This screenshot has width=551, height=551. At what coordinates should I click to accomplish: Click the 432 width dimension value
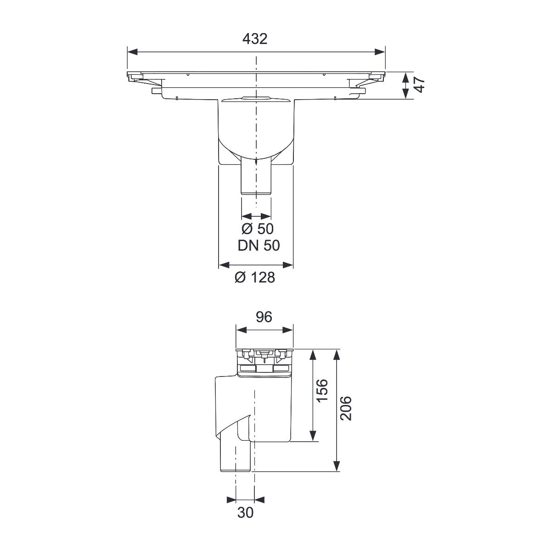255,39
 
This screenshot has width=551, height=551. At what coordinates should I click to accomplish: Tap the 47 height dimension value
420,85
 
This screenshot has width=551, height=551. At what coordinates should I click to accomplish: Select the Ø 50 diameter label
257,229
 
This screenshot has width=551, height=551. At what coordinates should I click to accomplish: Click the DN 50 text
259,245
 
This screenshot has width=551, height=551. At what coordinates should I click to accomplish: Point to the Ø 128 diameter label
255,277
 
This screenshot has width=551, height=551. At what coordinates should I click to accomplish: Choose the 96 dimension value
264,317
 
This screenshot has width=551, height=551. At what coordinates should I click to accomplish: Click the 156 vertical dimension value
322,390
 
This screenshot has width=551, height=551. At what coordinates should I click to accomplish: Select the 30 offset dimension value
245,513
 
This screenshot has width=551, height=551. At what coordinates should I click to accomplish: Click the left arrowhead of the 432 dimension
132,52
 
